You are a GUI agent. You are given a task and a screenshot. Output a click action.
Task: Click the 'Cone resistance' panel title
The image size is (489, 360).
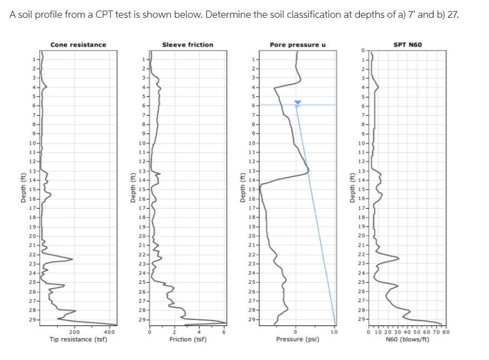point(78,45)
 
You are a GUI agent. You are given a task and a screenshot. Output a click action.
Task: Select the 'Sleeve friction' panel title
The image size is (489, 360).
point(187,45)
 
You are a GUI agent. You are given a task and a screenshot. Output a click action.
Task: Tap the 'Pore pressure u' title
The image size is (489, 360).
point(298,45)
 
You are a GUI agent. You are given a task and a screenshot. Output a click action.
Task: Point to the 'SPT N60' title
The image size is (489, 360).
point(408,45)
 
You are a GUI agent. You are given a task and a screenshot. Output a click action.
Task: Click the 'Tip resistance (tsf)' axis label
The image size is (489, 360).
point(78,339)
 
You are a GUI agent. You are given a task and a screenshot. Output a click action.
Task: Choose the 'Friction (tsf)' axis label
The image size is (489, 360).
point(187,339)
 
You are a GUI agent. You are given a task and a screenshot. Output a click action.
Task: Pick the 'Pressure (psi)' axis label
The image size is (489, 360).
point(296,339)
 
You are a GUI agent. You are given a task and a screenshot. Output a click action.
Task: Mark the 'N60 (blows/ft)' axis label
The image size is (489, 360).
point(408,339)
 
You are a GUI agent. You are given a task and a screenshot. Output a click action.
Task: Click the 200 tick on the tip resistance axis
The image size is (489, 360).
point(73,332)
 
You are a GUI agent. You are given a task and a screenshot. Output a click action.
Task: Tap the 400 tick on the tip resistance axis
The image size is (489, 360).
point(110,332)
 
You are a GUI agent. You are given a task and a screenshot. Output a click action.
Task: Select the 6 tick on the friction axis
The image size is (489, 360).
point(225,332)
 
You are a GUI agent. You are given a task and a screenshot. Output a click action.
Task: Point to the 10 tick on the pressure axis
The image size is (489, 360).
point(334,332)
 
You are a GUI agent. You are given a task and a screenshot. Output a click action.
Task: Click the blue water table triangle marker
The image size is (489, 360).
point(298,102)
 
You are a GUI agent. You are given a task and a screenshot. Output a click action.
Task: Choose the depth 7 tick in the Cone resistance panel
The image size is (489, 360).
point(34,115)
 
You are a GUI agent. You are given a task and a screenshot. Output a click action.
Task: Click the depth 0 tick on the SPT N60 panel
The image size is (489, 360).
point(362,50)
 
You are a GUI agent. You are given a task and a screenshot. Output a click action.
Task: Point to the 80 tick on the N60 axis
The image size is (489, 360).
point(446,332)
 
